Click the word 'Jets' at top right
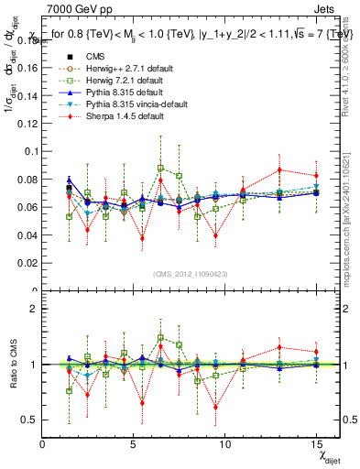pos(326,7)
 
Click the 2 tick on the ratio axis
pos(35,309)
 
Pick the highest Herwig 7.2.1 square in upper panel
pos(160,168)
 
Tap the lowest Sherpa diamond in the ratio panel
pos(215,408)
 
